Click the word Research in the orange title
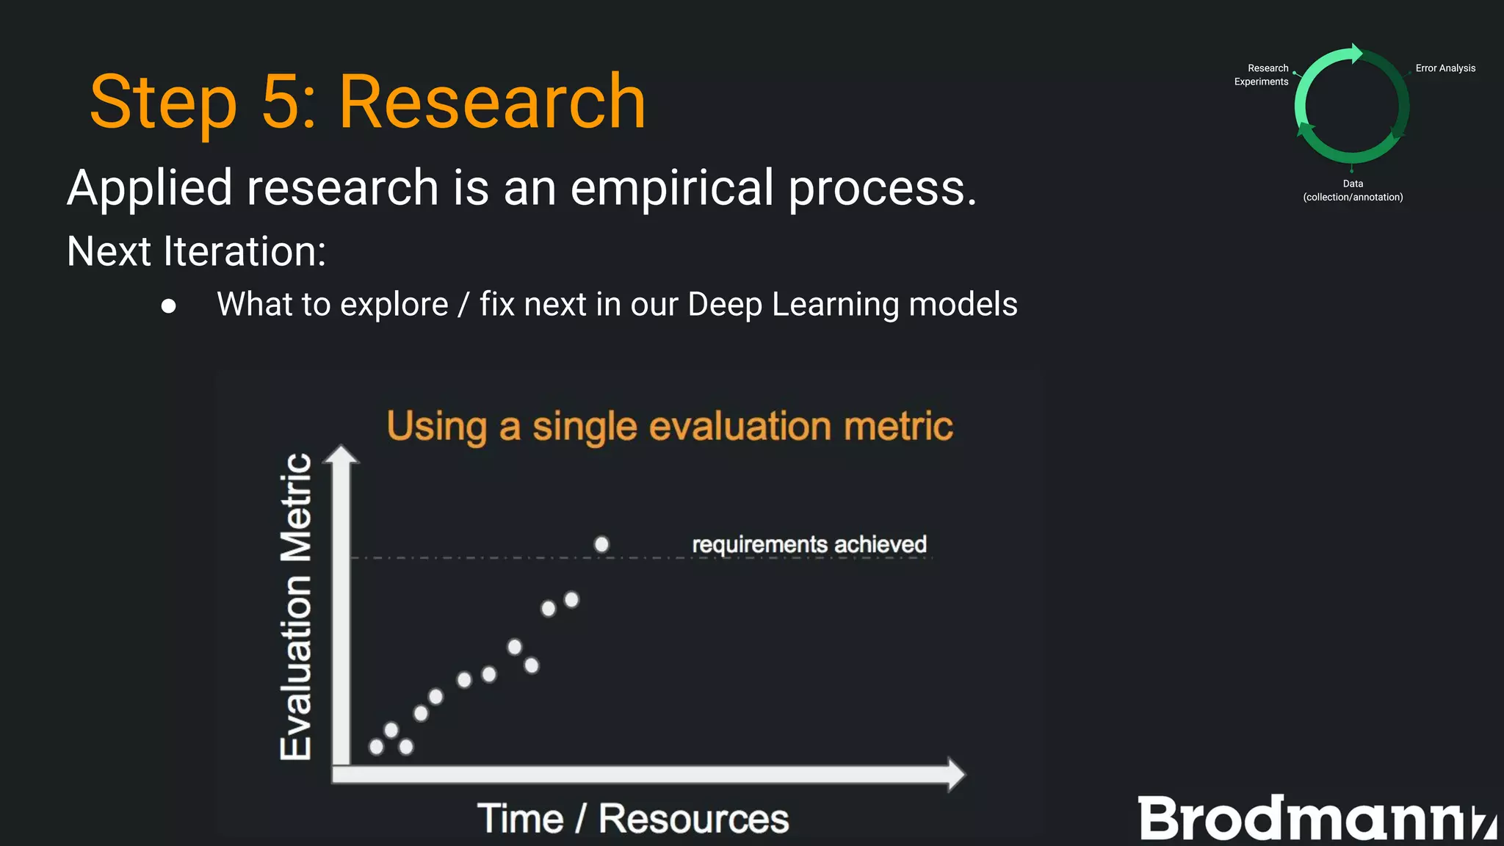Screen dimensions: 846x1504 pos(491,102)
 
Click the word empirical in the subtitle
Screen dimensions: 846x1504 pos(671,188)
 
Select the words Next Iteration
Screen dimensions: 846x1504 pos(196,251)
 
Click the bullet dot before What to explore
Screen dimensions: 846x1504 pos(169,306)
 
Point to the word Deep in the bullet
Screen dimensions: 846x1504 pos(724,305)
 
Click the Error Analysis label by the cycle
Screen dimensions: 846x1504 pos(1445,68)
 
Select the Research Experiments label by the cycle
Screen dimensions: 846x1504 pos(1262,75)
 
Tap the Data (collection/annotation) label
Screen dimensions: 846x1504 pos(1353,190)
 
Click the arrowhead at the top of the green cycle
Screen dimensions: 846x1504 pos(1356,54)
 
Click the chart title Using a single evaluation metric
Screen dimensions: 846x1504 pos(669,427)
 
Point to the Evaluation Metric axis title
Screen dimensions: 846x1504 pos(297,607)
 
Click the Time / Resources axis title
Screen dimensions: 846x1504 pos(632,819)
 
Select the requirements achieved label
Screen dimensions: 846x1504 pos(809,544)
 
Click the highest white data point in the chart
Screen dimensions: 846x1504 pos(601,544)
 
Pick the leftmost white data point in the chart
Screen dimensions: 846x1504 pos(377,747)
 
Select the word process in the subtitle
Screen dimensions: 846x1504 pos(882,188)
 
